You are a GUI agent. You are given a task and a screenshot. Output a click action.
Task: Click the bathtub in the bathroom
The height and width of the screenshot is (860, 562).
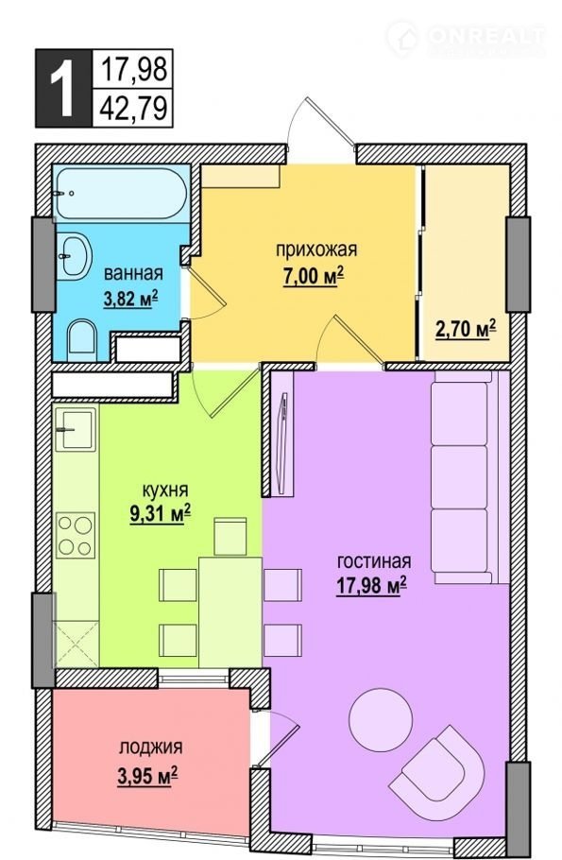(x=122, y=193)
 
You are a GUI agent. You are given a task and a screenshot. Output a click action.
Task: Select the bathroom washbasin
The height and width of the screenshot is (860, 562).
(x=74, y=256)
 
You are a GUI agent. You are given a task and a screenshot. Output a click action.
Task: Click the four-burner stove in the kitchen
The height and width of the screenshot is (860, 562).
(x=76, y=534)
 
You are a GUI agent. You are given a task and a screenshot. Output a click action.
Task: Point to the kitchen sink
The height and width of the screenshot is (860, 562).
(x=76, y=429)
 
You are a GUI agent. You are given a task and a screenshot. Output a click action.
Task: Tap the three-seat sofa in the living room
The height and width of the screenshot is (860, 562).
(x=466, y=477)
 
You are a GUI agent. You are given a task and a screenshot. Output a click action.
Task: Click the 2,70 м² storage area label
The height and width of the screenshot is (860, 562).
(x=466, y=330)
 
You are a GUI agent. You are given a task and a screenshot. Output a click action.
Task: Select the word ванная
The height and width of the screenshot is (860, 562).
(x=133, y=273)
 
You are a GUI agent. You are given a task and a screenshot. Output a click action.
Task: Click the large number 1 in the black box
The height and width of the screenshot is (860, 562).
(x=62, y=88)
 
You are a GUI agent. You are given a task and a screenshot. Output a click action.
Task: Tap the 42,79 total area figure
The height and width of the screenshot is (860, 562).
(x=133, y=108)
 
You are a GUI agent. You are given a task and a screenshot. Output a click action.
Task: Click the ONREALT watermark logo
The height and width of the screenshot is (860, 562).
(x=465, y=37)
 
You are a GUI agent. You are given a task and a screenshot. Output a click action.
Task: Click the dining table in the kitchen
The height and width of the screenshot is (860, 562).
(x=230, y=611)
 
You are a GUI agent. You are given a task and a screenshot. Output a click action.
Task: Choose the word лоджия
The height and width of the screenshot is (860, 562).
(x=151, y=748)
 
